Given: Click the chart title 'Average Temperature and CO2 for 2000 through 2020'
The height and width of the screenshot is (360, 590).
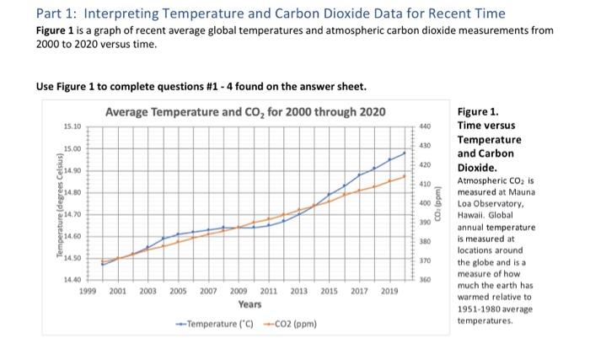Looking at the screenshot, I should tap(245, 112).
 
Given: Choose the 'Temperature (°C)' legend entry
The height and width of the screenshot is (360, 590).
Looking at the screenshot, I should tap(209, 323).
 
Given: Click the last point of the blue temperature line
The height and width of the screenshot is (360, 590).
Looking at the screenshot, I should tap(405, 153).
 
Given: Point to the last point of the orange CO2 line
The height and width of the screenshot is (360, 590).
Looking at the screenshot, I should tap(405, 176).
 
